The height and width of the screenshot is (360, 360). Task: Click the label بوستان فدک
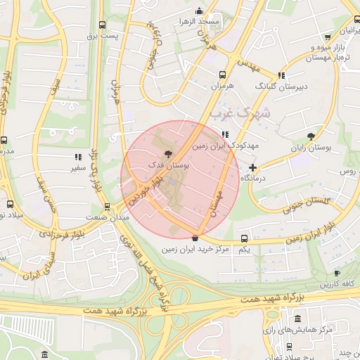coord(168,163)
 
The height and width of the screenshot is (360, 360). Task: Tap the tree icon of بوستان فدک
coord(167,152)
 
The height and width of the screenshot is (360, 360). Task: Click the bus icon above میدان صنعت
coord(107,207)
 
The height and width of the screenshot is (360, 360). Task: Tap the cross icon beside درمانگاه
coord(252,167)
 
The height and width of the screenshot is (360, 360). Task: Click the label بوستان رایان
coord(311,148)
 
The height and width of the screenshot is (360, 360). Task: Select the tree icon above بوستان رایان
coord(311,136)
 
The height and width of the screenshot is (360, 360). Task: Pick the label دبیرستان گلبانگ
coord(284,86)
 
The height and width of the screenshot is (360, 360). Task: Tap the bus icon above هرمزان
coord(222,75)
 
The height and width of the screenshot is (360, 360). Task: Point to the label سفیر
coord(78,169)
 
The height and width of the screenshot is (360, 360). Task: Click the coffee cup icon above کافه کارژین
coord(336,274)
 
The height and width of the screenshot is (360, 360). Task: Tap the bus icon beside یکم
coord(244,238)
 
